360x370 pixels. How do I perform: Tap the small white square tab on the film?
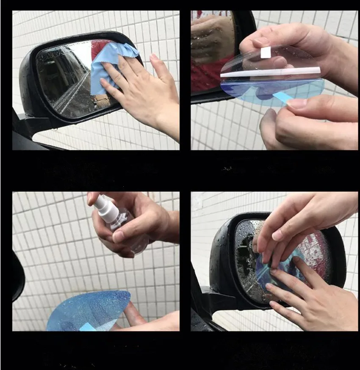click(266, 52)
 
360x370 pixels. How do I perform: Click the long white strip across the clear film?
click(271, 72)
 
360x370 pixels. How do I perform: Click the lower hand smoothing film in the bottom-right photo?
click(309, 296)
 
